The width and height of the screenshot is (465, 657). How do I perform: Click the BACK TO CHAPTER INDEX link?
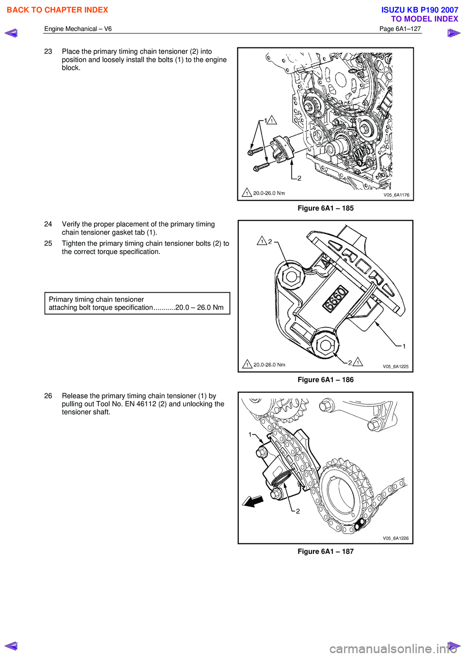[57, 10]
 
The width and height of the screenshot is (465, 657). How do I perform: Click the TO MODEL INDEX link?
[424, 19]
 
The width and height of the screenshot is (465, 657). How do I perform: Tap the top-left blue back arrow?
[11, 33]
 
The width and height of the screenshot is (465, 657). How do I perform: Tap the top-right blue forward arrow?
[453, 33]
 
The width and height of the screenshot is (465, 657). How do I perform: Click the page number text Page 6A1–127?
[400, 29]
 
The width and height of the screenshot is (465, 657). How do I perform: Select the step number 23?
[48, 51]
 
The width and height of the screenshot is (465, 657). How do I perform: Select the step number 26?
[48, 396]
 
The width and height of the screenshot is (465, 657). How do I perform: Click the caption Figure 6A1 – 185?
[325, 208]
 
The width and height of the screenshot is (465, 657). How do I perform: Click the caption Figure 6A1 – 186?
[325, 380]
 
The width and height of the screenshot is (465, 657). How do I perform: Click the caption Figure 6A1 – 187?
[325, 552]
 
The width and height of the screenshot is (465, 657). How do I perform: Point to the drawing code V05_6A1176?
[396, 195]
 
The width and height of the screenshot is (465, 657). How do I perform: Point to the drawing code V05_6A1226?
[396, 538]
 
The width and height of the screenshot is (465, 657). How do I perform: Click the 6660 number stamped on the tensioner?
[336, 298]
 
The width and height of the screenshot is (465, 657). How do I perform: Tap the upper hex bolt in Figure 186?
[291, 277]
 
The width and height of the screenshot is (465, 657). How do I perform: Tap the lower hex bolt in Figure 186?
[325, 345]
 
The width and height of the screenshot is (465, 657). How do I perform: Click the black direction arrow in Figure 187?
[253, 501]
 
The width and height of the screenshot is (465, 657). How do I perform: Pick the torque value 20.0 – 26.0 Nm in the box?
[200, 308]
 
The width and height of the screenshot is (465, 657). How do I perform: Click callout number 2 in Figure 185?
[299, 178]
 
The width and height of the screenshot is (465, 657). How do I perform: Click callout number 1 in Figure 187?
[250, 434]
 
